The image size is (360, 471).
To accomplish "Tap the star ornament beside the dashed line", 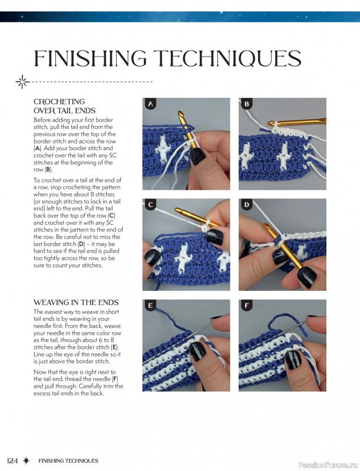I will tap(22, 81).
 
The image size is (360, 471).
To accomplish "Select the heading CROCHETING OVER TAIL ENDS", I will tap(64, 106).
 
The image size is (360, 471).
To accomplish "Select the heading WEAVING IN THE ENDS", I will tap(75, 303).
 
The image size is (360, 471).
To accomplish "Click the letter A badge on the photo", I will tap(150, 104).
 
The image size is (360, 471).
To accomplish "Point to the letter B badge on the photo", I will tap(247, 104).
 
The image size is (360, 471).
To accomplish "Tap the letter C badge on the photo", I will tap(150, 205).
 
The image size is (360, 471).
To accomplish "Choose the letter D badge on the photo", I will tap(247, 205).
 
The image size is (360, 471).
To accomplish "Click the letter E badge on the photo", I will tap(150, 306).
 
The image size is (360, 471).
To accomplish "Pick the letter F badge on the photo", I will tap(247, 306).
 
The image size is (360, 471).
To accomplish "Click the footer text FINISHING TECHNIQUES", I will tap(68, 460).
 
